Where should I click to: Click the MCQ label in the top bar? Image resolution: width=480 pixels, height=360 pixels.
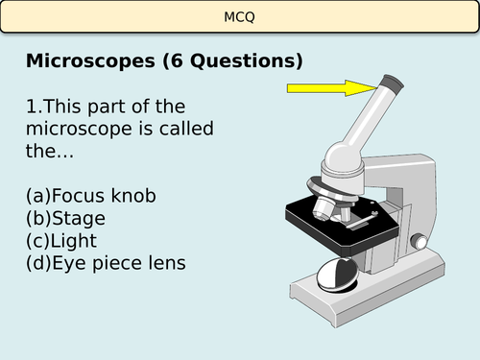[239, 15]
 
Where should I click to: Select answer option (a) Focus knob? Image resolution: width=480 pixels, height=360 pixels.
[90, 196]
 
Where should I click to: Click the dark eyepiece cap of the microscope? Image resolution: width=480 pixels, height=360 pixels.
[392, 82]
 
